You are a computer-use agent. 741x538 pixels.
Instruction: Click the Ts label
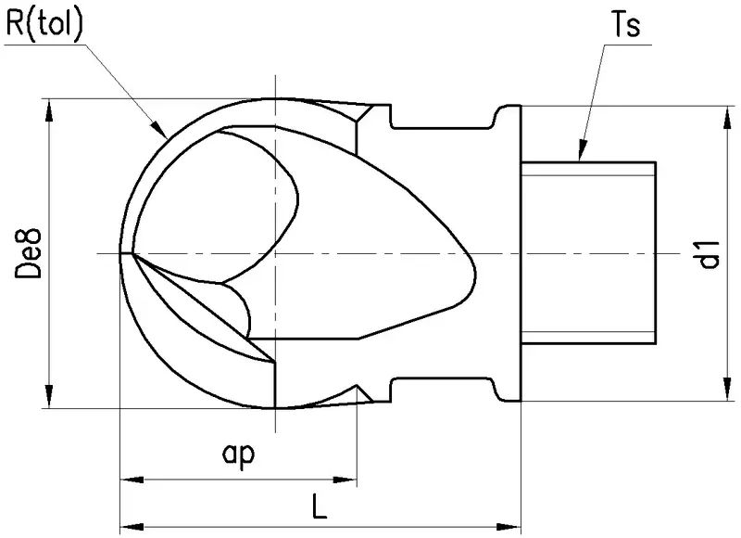coord(626,24)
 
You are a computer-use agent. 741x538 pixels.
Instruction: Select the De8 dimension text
coord(29,253)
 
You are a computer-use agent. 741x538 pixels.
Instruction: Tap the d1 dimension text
coord(710,254)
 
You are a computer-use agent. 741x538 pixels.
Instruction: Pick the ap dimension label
coord(238,455)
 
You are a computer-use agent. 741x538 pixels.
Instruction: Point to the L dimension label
coord(320,506)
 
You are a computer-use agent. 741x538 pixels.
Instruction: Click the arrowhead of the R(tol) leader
coord(160,129)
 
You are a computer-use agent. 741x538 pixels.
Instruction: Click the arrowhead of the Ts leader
coord(583,150)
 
